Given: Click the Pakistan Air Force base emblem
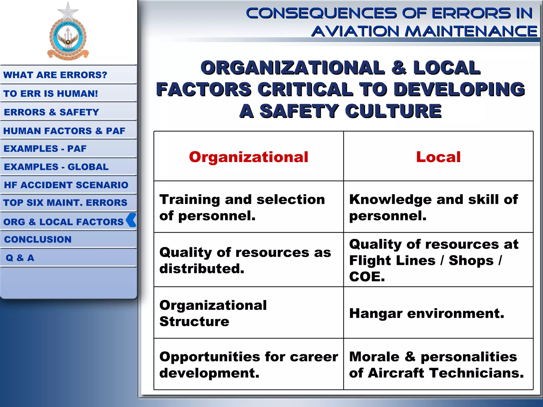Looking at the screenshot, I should point(68,33).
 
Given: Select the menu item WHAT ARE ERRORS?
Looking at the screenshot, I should point(55,75).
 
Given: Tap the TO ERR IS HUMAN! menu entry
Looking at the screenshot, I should point(51,94).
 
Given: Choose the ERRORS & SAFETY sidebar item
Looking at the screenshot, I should point(51,112).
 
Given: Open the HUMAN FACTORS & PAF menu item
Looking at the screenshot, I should point(64,131).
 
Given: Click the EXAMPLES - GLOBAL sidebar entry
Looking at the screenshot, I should point(56,167).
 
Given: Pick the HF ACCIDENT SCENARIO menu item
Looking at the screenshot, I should point(66,185).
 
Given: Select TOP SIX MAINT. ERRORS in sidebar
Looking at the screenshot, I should point(65,203).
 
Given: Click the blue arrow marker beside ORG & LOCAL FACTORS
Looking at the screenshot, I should point(131,220).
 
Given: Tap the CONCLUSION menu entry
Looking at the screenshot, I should point(38,240).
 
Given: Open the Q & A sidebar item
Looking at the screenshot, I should point(20,258).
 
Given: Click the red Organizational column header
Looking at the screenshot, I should point(248,157).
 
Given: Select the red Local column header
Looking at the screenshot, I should point(438,157).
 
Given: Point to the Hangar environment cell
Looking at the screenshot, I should point(427,313).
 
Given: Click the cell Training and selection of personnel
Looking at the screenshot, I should point(242,207).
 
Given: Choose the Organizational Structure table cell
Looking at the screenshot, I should point(213,313).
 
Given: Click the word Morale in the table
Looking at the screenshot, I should point(374,357).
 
